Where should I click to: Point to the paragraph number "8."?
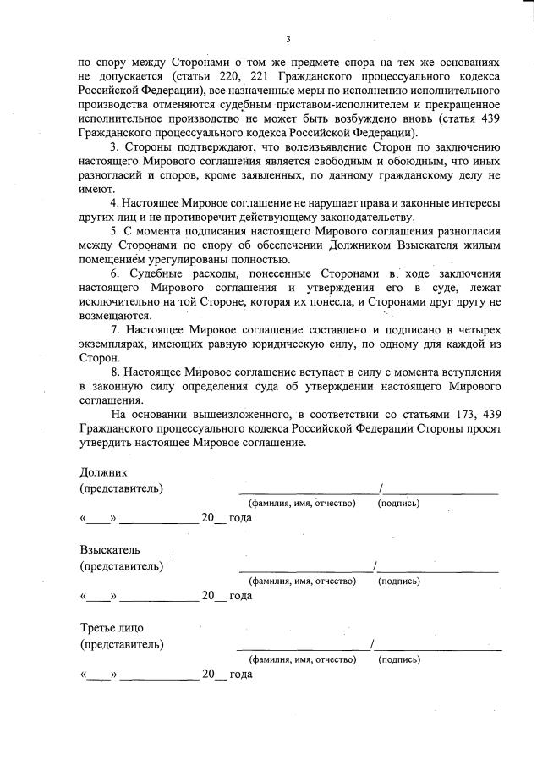pyautogui.click(x=116, y=371)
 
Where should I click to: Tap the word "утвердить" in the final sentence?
pyautogui.click(x=108, y=443)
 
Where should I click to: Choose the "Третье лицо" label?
pyautogui.click(x=112, y=628)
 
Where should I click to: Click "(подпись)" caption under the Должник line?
pyautogui.click(x=398, y=504)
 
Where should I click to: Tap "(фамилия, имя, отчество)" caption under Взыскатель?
pyautogui.click(x=302, y=581)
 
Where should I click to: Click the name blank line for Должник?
pyautogui.click(x=308, y=492)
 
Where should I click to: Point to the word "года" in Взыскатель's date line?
pyautogui.click(x=241, y=596)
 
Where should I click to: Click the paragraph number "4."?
pyautogui.click(x=116, y=203)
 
